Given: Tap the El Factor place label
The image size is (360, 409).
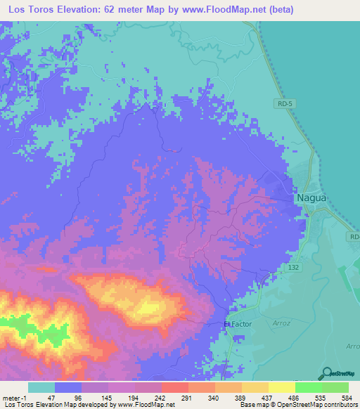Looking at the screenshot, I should tap(237, 324).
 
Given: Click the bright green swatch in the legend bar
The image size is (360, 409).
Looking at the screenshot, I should tap(308, 387).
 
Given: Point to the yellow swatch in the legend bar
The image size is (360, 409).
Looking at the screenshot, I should tap(281, 387).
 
